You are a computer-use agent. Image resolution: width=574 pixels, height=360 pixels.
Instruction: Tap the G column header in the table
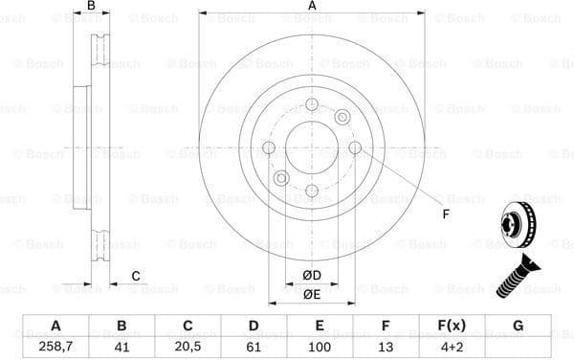coord(519,326)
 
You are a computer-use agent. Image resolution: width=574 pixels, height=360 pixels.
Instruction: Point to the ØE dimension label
coord(312,295)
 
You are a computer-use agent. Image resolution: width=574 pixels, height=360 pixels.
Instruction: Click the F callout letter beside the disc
coord(446,213)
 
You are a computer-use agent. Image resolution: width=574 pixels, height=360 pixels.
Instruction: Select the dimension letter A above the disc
coord(312,7)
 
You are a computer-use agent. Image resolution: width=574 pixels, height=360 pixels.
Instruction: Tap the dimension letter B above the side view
coord(92,7)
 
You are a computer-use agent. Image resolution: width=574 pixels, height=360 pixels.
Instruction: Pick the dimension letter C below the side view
coord(136,277)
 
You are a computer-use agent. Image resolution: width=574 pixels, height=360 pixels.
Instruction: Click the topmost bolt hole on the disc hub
coord(312,104)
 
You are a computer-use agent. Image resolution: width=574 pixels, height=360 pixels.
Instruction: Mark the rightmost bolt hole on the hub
coord(355,147)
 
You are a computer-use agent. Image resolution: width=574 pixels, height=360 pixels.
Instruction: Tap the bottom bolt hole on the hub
coord(312,191)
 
